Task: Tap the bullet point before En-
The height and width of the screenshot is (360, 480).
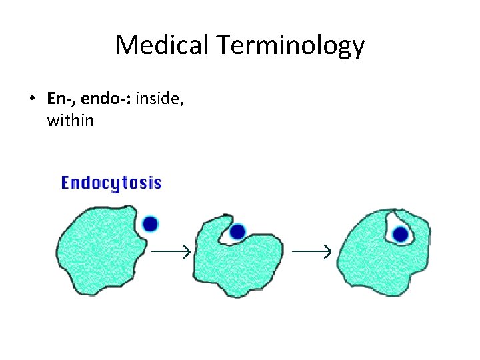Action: pos(32,99)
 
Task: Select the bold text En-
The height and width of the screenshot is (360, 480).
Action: pos(58,99)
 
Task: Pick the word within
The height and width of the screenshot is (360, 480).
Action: pos(71,121)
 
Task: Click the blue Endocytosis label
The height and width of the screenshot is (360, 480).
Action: pos(111,183)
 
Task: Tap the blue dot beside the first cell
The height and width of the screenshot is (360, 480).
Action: pos(151,223)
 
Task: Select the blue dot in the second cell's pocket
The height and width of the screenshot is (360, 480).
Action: pos(237,232)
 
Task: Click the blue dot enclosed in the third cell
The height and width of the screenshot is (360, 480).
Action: pos(400,234)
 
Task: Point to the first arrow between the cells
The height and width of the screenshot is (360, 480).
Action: pos(171,251)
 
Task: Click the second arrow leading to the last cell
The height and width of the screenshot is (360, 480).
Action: pos(312,251)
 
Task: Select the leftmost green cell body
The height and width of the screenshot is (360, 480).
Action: pos(100,250)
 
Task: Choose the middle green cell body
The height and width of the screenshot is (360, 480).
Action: pos(233,263)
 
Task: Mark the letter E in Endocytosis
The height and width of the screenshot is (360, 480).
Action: pos(66,183)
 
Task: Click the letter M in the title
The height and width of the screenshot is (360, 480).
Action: pos(127,45)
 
